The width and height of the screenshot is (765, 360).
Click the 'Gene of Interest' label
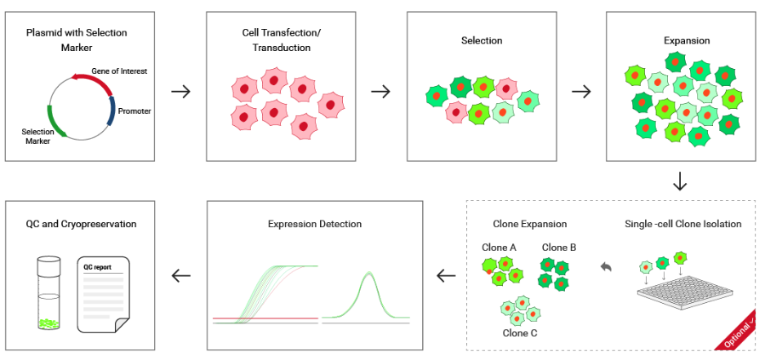point(118,71)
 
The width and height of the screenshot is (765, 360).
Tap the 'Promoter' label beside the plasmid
point(134,111)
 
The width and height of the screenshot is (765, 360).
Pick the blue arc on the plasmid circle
point(111,111)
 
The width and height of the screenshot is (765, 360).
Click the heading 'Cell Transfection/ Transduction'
point(282,40)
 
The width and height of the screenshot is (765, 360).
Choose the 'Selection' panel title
point(482,40)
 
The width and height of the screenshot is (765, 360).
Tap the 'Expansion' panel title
point(681,40)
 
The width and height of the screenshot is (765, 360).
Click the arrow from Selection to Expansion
point(580,91)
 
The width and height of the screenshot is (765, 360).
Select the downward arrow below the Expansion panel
point(679,181)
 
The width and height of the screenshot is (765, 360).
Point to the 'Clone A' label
point(500,247)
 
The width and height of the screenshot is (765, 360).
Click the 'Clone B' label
point(559,247)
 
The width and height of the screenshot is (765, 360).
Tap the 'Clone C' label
point(520,333)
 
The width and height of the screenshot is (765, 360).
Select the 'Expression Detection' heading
point(314,224)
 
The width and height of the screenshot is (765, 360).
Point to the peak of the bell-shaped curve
point(368,273)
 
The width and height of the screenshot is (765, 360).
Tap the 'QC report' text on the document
point(97,266)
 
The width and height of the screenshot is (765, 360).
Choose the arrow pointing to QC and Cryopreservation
point(181,275)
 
